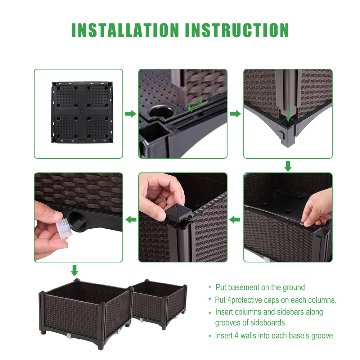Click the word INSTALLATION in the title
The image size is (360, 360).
pyautogui.click(x=125, y=30)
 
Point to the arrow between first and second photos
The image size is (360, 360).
pyautogui.click(x=130, y=114)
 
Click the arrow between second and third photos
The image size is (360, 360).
pyautogui.click(x=235, y=114)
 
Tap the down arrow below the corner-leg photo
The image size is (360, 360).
pyautogui.click(x=288, y=166)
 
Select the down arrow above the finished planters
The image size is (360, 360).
pyautogui.click(x=75, y=270)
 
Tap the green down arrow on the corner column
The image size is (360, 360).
pyautogui.click(x=288, y=116)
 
